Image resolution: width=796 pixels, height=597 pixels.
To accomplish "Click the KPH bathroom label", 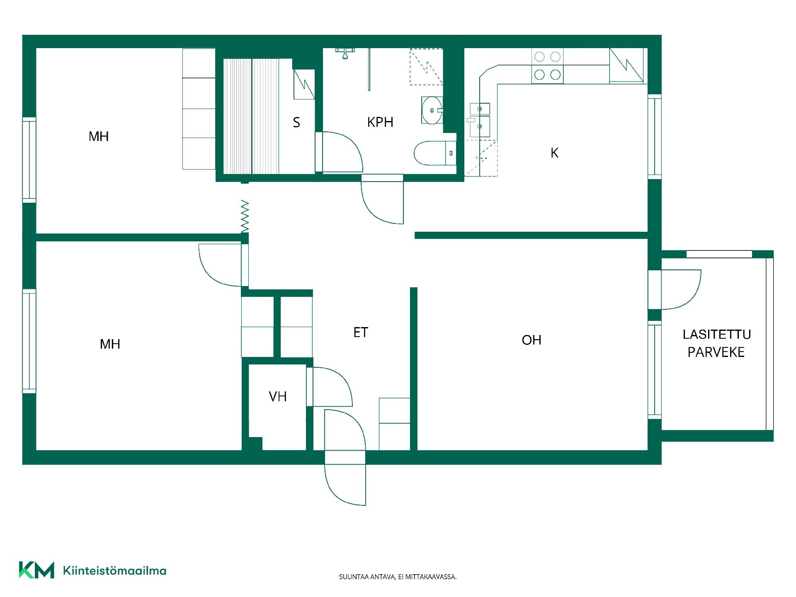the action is (380, 122).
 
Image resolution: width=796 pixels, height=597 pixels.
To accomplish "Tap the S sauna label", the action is (296, 122).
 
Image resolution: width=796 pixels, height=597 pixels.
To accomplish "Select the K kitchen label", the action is (554, 153).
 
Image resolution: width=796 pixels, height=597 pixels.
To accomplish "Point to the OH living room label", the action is (531, 340).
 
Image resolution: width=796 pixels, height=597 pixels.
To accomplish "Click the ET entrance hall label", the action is (361, 332).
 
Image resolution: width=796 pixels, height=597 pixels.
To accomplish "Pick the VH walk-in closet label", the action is (278, 397).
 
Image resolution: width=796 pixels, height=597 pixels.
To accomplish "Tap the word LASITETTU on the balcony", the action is (717, 334).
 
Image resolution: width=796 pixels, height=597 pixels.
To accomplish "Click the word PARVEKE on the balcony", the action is (716, 352).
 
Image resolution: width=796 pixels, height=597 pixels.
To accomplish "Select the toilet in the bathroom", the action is (435, 153).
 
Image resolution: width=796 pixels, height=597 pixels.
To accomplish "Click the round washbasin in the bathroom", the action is (432, 110).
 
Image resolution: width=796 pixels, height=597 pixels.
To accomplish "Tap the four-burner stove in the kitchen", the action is (547, 66).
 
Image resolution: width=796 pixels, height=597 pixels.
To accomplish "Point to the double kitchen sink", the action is (479, 120).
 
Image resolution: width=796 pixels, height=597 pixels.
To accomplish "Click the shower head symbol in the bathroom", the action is (345, 53).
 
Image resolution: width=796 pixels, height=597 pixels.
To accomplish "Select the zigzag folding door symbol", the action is (245, 216).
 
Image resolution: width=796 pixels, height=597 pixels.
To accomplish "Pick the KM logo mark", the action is (36, 570).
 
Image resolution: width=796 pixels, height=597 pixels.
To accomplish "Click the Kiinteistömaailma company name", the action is (115, 571).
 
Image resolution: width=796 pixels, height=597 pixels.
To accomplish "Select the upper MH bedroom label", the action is (99, 136).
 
